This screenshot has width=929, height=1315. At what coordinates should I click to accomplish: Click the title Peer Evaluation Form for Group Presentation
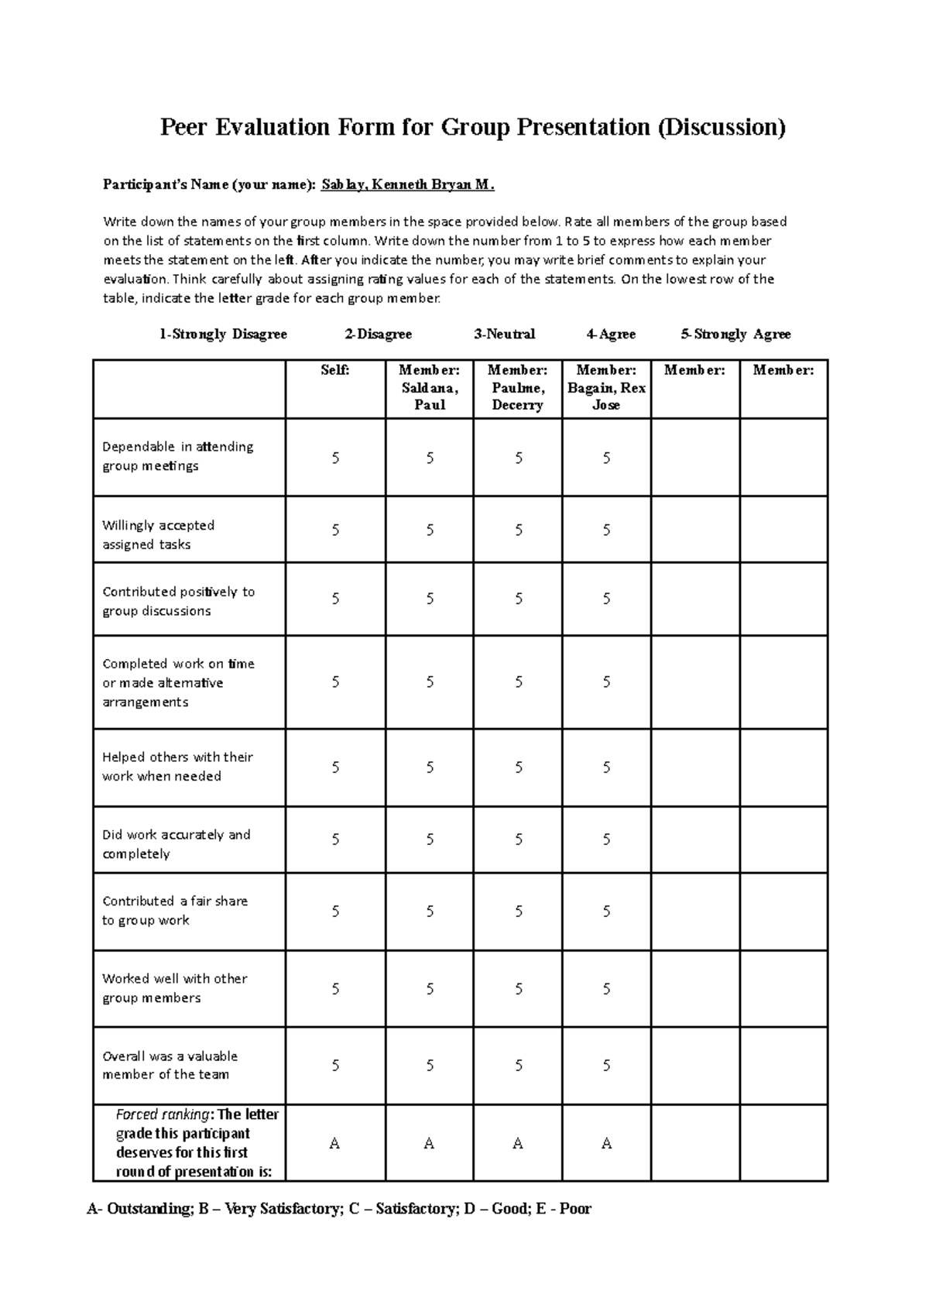472,127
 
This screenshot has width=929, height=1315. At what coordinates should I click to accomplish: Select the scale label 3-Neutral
505,335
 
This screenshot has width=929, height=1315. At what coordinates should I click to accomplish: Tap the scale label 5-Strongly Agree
735,335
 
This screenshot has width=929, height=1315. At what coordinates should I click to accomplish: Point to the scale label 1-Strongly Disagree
223,335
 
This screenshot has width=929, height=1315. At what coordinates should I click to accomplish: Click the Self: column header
335,371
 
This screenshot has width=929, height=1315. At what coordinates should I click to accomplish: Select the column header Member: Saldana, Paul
430,388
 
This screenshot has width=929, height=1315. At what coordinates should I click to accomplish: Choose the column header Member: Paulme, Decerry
518,388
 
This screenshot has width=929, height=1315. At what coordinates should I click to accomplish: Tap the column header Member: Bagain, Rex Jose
606,388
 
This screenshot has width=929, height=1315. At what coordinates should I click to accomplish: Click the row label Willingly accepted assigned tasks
159,534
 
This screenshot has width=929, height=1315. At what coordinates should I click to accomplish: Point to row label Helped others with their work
177,767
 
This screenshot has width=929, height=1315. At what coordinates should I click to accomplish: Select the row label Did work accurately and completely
176,844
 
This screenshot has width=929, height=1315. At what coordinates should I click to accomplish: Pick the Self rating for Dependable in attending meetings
335,458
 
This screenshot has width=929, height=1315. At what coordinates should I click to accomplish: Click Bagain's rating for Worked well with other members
606,989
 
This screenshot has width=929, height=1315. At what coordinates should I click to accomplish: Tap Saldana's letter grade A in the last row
430,1144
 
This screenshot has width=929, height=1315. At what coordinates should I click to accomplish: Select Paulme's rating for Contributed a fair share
518,912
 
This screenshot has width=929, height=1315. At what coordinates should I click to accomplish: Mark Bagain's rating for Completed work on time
606,682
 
